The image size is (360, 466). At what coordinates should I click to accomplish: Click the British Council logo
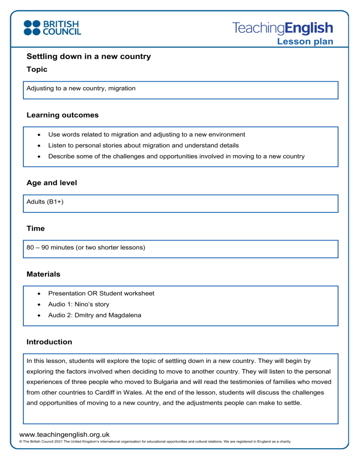(52, 27)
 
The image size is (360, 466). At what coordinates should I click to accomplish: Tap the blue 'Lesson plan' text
(305, 42)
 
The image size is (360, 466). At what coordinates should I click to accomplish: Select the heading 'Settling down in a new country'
(89, 57)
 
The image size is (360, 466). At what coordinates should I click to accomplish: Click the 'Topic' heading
(37, 69)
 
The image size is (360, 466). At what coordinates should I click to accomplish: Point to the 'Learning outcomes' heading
(62, 115)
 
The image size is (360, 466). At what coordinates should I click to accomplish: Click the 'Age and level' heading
(52, 183)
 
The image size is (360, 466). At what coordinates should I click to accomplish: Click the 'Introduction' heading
(49, 342)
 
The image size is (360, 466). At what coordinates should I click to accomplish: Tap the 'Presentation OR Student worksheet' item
(101, 293)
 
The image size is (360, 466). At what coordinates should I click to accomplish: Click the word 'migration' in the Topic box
(122, 88)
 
